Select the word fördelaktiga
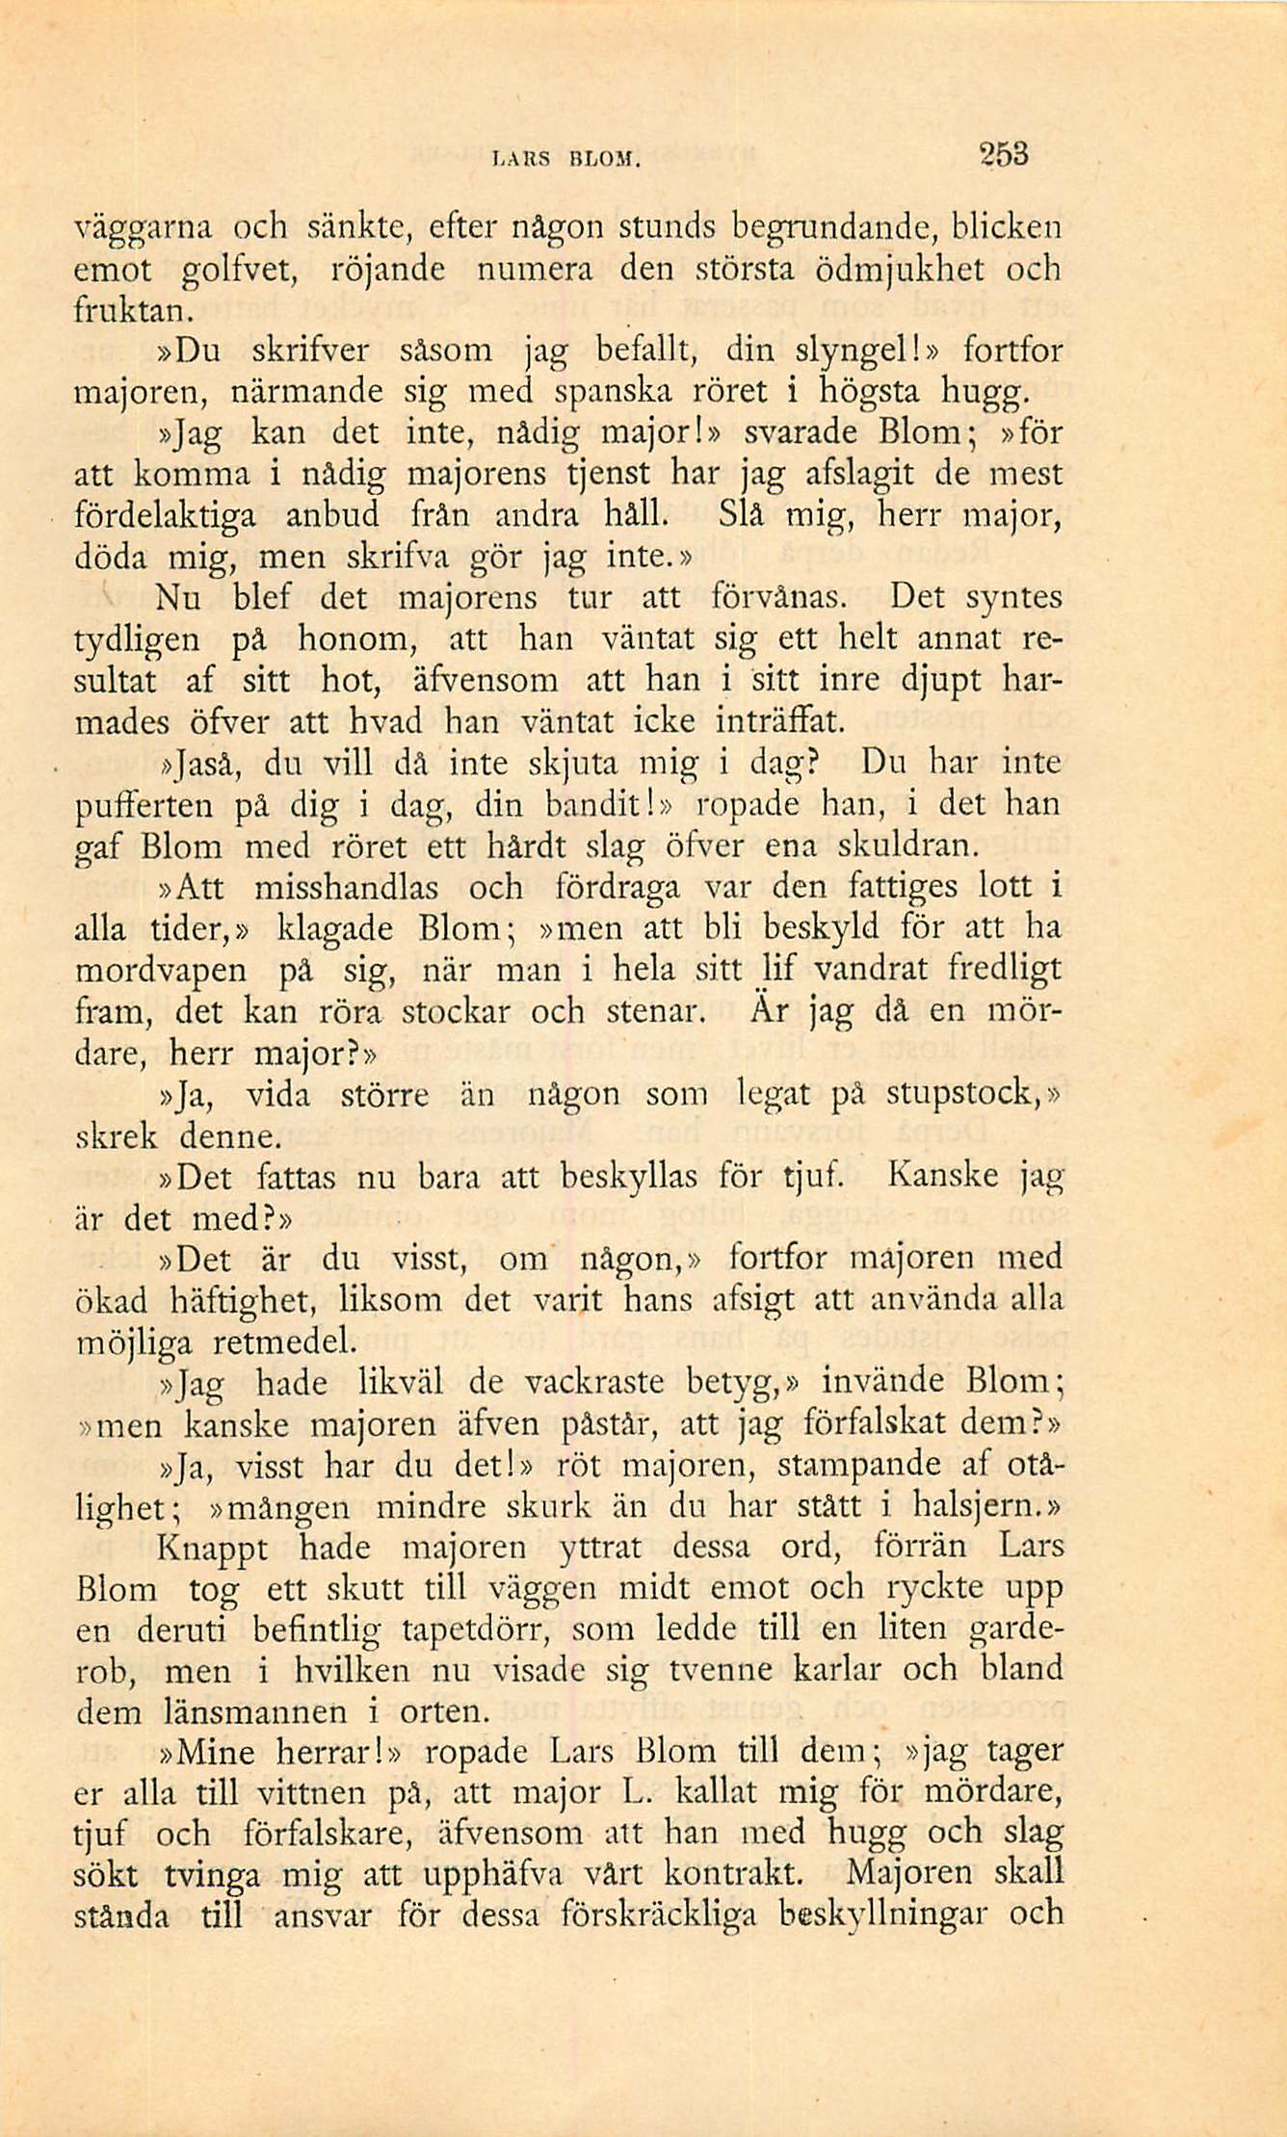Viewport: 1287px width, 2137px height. pos(165,517)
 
